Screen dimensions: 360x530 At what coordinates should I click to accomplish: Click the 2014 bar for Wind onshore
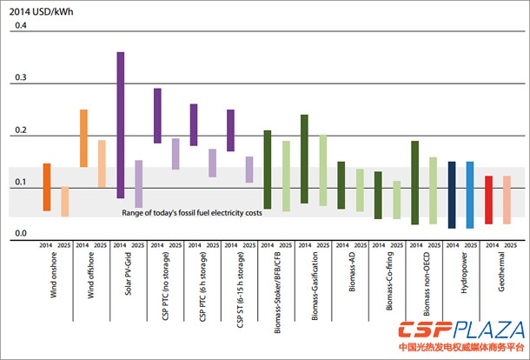click(47, 187)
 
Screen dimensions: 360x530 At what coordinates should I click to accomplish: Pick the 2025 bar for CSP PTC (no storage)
click(176, 154)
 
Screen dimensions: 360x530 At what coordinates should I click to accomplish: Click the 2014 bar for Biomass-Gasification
click(304, 158)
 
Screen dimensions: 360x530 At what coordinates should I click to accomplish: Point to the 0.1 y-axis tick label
click(19, 182)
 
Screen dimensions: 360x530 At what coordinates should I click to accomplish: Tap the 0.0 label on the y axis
click(19, 233)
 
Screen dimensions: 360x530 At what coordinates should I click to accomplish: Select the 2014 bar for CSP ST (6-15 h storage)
click(230, 130)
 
